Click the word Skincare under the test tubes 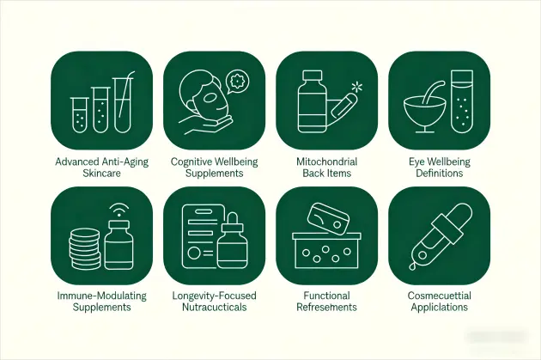point(102,173)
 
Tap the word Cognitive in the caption point(191,162)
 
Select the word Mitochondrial point(326,162)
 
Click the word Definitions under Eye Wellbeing point(439,173)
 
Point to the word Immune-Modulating point(102,296)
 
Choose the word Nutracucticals point(215,307)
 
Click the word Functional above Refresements point(326,296)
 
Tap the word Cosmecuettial point(439,296)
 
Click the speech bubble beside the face point(237,82)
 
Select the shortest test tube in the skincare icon point(79,115)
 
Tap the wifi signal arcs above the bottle point(119,209)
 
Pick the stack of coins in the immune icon point(84,248)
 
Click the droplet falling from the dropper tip point(412,266)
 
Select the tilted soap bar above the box point(328,219)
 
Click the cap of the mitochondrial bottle point(312,76)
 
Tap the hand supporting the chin point(205,124)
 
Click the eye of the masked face point(210,99)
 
